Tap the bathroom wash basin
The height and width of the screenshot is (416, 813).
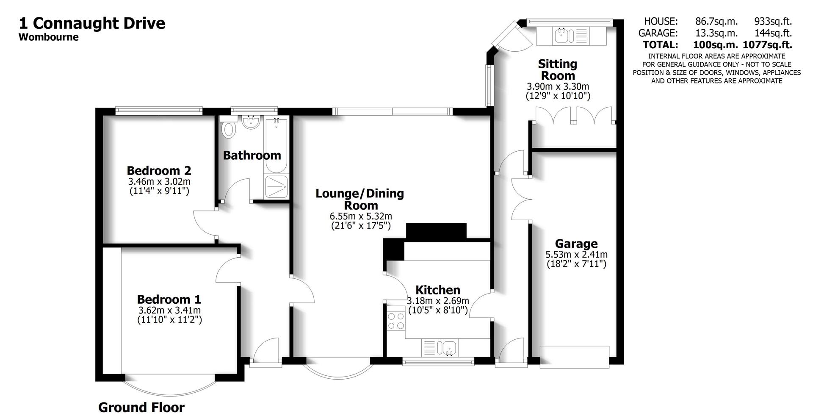251,123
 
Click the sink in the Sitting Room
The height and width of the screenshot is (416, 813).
563,36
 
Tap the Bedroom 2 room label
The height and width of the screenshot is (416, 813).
159,171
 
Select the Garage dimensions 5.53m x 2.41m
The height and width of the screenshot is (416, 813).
576,255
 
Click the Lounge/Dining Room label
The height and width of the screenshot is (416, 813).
360,199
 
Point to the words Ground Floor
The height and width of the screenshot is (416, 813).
141,408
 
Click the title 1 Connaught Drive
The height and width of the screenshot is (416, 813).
92,23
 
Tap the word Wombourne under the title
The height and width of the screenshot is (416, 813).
49,37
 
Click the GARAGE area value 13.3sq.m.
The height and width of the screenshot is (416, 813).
716,33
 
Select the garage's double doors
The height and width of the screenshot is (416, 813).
521,199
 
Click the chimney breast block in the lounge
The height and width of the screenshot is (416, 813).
436,231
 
